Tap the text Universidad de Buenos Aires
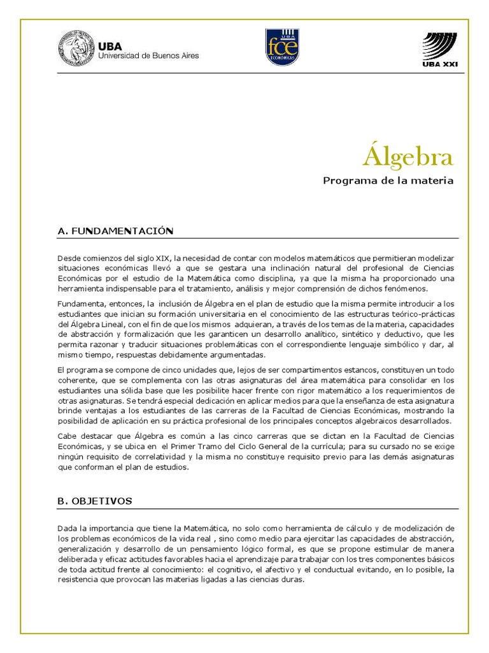[x=148, y=56]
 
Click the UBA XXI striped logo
[x=439, y=48]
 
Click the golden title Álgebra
[x=408, y=156]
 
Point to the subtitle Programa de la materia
[x=388, y=181]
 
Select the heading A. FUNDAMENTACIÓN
[x=115, y=231]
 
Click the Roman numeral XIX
[x=163, y=258]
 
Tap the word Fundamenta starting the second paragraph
[x=80, y=304]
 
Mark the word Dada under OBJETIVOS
[x=67, y=528]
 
